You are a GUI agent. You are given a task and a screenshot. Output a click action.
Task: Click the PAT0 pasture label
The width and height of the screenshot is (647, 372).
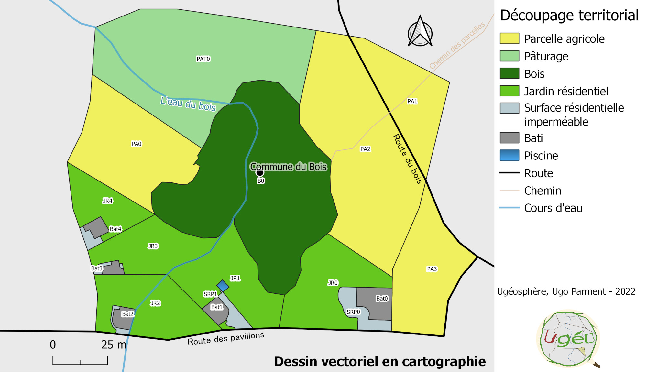pyautogui.click(x=203, y=59)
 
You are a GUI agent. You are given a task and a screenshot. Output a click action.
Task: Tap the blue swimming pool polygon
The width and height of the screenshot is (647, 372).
pyautogui.click(x=223, y=286)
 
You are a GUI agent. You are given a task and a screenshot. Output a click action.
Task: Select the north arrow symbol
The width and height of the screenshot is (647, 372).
pyautogui.click(x=420, y=32)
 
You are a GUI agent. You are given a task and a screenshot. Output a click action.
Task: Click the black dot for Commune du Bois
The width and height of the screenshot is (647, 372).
pyautogui.click(x=260, y=172)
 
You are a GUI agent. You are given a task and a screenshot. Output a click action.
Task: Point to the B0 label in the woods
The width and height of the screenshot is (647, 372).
pyautogui.click(x=261, y=181)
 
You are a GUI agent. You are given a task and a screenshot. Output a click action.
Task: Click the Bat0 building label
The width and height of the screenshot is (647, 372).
pyautogui.click(x=382, y=298)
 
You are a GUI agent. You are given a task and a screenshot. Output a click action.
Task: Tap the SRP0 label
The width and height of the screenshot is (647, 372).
pyautogui.click(x=353, y=312)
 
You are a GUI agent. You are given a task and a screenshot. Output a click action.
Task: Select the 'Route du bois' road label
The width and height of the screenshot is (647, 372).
pyautogui.click(x=407, y=159)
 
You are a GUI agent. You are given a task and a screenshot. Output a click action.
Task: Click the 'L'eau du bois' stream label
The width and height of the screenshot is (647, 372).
pyautogui.click(x=188, y=104)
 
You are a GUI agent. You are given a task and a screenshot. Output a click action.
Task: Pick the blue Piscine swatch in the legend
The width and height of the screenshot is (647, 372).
pyautogui.click(x=509, y=155)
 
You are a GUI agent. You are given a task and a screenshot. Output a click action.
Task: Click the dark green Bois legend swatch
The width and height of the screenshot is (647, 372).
pyautogui.click(x=509, y=73)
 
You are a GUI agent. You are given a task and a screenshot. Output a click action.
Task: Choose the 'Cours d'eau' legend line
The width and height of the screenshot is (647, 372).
pyautogui.click(x=509, y=208)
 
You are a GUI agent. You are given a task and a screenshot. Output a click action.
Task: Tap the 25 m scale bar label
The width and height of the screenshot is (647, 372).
pyautogui.click(x=114, y=345)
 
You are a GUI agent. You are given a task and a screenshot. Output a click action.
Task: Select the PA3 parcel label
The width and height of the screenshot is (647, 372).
pyautogui.click(x=432, y=269)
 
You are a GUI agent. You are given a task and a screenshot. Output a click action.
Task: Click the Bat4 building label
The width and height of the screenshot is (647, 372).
pyautogui.click(x=115, y=229)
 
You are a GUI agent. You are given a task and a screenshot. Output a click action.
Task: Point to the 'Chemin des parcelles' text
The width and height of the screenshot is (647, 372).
pyautogui.click(x=457, y=45)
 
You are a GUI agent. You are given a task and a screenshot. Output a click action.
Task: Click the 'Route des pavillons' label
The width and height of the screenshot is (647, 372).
pyautogui.click(x=225, y=338)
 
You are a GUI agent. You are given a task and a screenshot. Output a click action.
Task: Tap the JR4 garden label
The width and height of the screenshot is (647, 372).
pyautogui.click(x=107, y=201)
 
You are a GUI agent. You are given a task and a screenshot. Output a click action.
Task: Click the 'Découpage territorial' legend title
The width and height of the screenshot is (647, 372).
pyautogui.click(x=569, y=15)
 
